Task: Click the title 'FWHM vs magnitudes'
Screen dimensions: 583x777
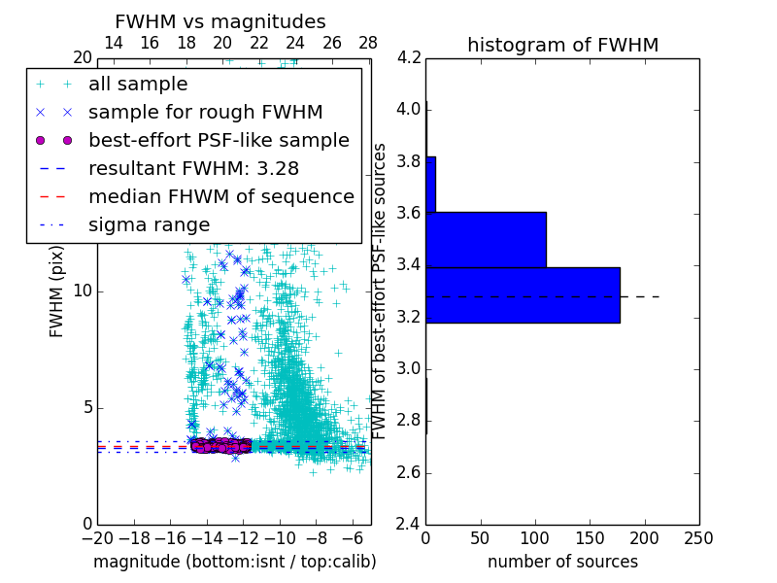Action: point(220,22)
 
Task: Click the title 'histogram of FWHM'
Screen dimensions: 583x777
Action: point(562,45)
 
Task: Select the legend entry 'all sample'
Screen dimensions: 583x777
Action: point(138,85)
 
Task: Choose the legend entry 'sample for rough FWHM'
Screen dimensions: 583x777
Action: point(205,113)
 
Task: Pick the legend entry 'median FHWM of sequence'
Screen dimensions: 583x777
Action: point(220,196)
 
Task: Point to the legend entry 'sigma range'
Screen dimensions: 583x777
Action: point(149,224)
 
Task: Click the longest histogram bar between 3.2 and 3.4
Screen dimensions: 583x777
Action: point(523,294)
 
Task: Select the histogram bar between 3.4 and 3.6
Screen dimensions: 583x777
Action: point(486,239)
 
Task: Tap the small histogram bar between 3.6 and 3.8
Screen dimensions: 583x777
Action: point(430,184)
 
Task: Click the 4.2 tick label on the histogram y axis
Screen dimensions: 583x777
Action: point(409,58)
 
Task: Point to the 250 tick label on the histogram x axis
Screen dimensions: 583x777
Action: point(698,537)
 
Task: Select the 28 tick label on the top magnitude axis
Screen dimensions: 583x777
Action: point(368,43)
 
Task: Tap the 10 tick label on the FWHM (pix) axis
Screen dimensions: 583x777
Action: point(83,291)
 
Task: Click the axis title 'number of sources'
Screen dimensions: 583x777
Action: point(562,562)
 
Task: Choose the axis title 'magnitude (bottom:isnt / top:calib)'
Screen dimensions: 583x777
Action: point(234,562)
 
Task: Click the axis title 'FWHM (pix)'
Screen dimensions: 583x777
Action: point(57,291)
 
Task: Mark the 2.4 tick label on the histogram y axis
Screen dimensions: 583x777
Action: point(409,525)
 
